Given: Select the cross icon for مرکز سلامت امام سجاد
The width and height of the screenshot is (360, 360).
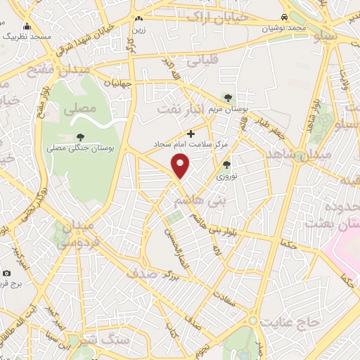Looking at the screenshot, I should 191,133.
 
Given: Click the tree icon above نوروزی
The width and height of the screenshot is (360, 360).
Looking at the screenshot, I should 226,165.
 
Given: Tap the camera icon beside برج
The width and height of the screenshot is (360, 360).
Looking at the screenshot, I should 6,273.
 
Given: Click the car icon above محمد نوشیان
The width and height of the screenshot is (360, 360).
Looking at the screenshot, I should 283,17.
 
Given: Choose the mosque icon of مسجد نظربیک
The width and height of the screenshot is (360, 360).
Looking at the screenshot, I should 27,26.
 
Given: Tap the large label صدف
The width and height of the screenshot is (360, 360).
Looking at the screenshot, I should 143,274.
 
